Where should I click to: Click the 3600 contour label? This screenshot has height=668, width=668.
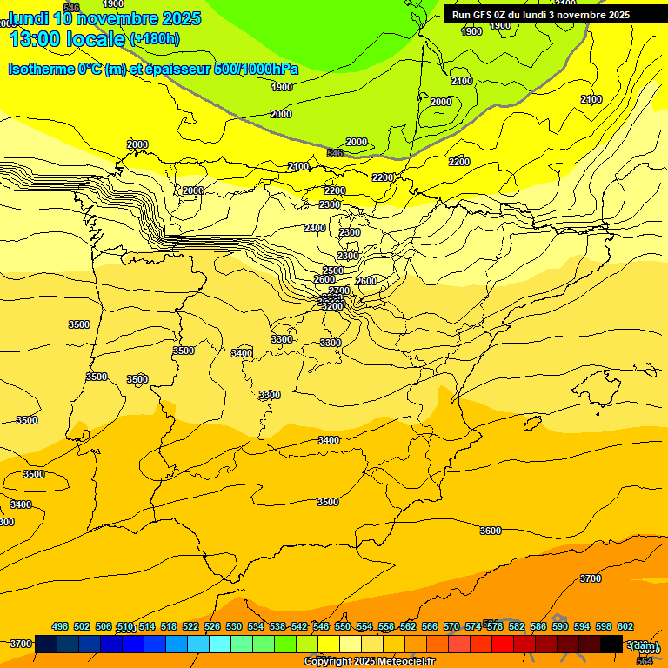tap(491, 531)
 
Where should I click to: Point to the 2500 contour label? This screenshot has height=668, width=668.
tap(333, 271)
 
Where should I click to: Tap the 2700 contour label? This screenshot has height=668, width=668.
tap(339, 291)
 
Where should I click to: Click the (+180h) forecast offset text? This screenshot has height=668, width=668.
tap(155, 38)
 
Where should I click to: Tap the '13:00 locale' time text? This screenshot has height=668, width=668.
tap(68, 39)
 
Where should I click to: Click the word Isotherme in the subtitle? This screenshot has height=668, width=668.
tap(42, 69)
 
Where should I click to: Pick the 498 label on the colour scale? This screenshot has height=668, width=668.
tap(60, 626)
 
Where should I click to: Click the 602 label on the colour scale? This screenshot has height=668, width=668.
tap(625, 626)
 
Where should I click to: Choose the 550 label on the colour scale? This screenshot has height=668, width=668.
tap(343, 626)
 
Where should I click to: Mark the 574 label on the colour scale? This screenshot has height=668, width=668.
tap(473, 626)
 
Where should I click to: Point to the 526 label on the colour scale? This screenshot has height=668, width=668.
tap(212, 626)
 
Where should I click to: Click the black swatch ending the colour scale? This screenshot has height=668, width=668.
tap(611, 644)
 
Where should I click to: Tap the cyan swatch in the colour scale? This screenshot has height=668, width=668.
tap(220, 644)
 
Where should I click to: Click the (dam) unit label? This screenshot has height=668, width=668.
tap(645, 645)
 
